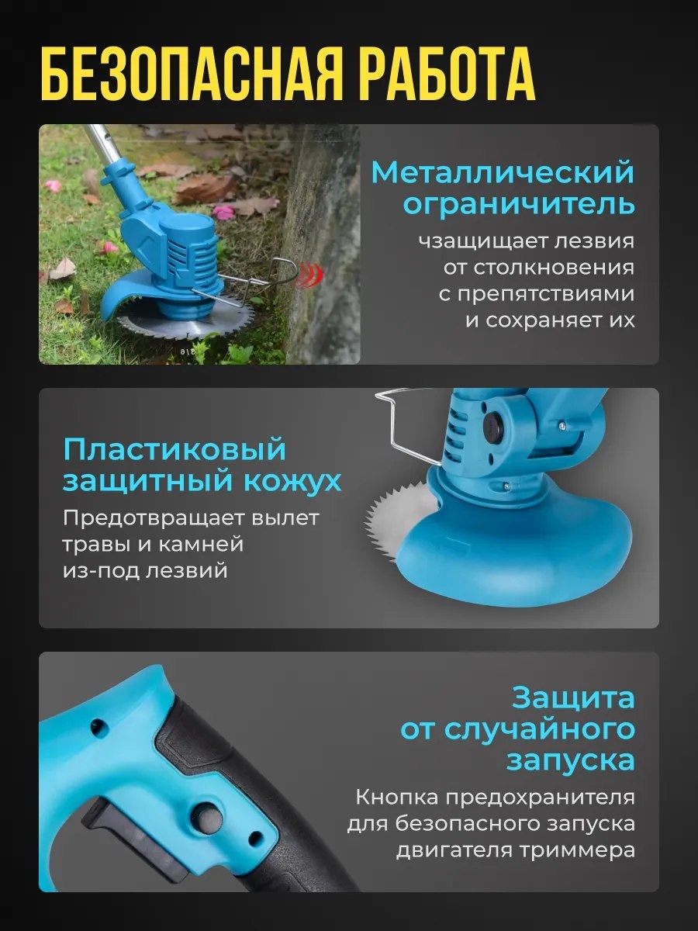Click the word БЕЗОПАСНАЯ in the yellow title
point(191,76)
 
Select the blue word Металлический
point(503,173)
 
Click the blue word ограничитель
point(519,205)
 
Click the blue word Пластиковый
point(174,450)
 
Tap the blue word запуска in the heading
point(571,761)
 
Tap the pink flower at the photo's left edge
point(53,188)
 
